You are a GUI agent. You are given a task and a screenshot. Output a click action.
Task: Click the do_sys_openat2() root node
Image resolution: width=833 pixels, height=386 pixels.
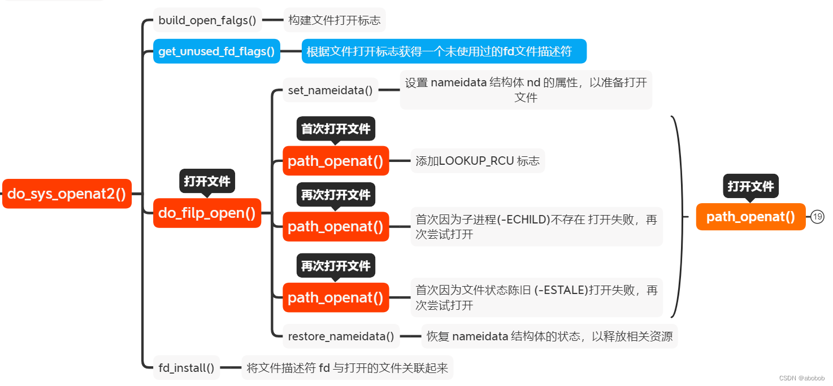67,194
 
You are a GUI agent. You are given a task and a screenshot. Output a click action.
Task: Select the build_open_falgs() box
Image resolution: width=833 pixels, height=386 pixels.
207,20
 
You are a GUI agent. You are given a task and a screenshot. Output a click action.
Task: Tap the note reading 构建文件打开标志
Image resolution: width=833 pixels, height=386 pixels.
335,20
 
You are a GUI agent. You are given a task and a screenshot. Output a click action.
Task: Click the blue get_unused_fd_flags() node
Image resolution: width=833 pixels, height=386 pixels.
216,51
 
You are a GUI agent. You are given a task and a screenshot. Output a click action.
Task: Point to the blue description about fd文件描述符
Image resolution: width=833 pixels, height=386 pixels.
444,51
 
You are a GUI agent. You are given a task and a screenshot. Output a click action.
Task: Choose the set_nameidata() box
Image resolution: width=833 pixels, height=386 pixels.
331,90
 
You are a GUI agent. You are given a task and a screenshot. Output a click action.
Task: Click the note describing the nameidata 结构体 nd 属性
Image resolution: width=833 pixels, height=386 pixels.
526,90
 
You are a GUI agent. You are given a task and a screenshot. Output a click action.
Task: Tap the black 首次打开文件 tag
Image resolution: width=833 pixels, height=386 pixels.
336,129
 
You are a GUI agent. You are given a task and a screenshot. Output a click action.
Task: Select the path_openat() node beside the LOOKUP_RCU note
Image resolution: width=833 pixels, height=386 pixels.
336,161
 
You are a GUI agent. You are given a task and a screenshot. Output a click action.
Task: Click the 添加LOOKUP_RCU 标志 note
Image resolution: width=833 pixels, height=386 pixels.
478,161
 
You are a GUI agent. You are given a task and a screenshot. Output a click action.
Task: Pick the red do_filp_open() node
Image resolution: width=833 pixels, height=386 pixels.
207,213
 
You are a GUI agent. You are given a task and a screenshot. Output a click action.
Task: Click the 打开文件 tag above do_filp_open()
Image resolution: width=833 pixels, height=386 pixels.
207,181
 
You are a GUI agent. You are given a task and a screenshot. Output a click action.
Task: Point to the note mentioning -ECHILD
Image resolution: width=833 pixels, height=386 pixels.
536,227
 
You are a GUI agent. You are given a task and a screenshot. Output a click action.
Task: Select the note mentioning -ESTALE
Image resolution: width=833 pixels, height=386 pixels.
536,297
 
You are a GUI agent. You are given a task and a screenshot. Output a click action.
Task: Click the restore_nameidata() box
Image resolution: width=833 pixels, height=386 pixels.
341,336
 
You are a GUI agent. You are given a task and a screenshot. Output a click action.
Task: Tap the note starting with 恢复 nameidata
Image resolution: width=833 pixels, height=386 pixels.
549,336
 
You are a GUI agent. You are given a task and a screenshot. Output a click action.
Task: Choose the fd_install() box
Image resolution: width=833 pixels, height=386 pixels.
186,368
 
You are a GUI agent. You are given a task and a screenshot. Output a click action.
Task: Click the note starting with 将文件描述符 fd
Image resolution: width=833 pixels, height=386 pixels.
347,368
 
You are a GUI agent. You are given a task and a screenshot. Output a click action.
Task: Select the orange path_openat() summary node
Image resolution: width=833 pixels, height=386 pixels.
750,217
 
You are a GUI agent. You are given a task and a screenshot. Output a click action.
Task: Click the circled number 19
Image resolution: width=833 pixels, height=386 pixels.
817,217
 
